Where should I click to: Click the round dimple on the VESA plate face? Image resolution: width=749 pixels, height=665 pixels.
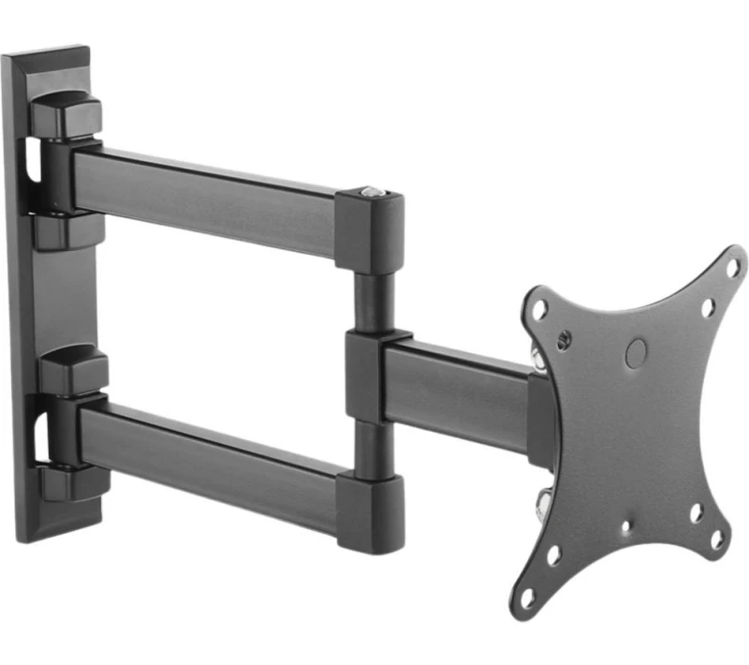coord(635,352)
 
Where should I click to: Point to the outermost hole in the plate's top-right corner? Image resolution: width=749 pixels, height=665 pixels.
coord(732,266)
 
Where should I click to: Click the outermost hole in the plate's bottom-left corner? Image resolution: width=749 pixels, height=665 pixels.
coord(528,595)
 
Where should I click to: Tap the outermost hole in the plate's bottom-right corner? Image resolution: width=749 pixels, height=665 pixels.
coord(716,539)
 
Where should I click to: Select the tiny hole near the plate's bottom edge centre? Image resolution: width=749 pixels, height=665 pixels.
coord(625,526)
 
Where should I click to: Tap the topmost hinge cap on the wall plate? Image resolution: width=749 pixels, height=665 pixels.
coord(66,112)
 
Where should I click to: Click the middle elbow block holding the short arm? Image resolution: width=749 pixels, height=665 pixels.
coord(370,375)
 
